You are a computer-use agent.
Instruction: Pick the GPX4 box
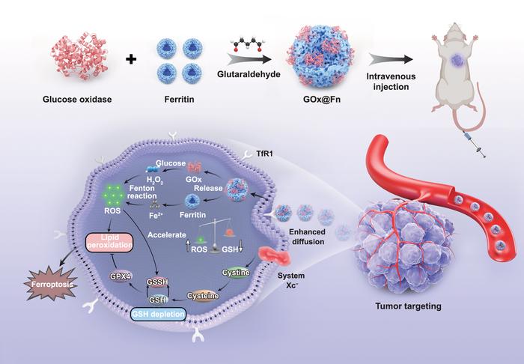pos(121,274)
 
